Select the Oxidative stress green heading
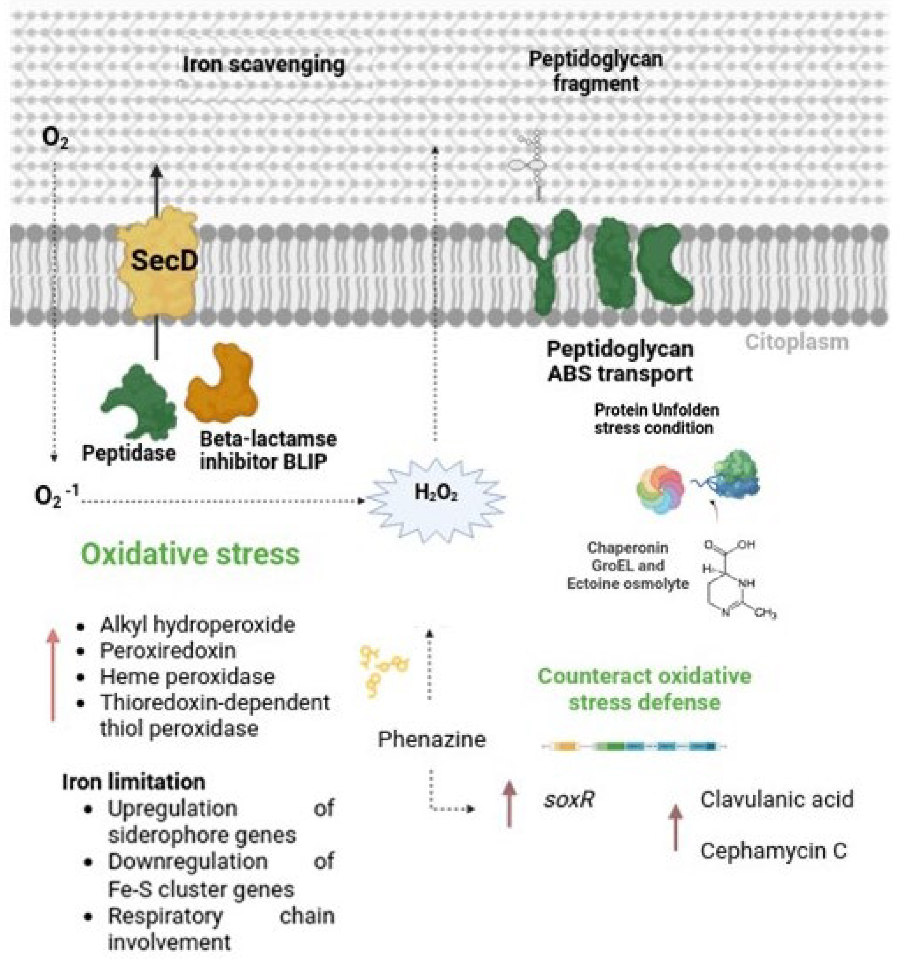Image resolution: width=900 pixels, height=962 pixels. [190, 554]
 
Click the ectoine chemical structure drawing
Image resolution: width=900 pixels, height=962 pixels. [736, 581]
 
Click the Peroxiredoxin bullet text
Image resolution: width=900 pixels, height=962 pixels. [168, 650]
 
